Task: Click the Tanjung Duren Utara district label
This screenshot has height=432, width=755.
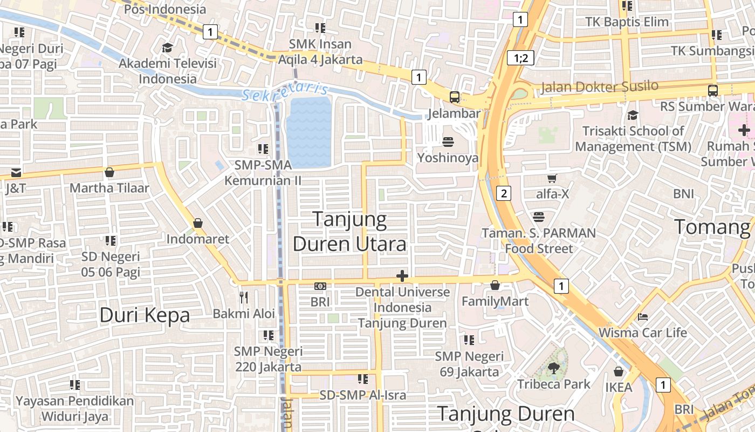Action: [349, 232]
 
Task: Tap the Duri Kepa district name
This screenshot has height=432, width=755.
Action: [145, 315]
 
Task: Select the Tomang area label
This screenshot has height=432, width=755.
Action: [712, 227]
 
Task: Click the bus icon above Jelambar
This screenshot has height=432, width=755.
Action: [455, 97]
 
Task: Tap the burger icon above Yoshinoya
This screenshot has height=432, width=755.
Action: [448, 142]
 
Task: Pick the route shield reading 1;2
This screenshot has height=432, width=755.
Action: [520, 58]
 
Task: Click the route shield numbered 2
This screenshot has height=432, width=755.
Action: [503, 193]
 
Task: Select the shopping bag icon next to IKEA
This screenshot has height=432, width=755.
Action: [619, 372]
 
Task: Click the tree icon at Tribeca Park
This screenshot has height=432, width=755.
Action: [553, 368]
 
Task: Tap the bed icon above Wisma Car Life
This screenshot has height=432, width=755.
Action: [642, 316]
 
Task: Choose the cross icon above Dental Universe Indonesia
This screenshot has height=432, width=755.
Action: [402, 276]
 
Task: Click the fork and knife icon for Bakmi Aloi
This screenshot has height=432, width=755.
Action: [244, 297]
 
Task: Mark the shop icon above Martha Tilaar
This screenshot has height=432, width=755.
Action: [109, 172]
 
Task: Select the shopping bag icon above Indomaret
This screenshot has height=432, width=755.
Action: [198, 223]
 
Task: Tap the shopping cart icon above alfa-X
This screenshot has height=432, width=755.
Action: [552, 178]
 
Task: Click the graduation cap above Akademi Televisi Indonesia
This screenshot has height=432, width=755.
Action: [167, 48]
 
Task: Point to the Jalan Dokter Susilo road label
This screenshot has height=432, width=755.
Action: [599, 86]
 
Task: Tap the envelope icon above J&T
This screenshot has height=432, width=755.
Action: [16, 173]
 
